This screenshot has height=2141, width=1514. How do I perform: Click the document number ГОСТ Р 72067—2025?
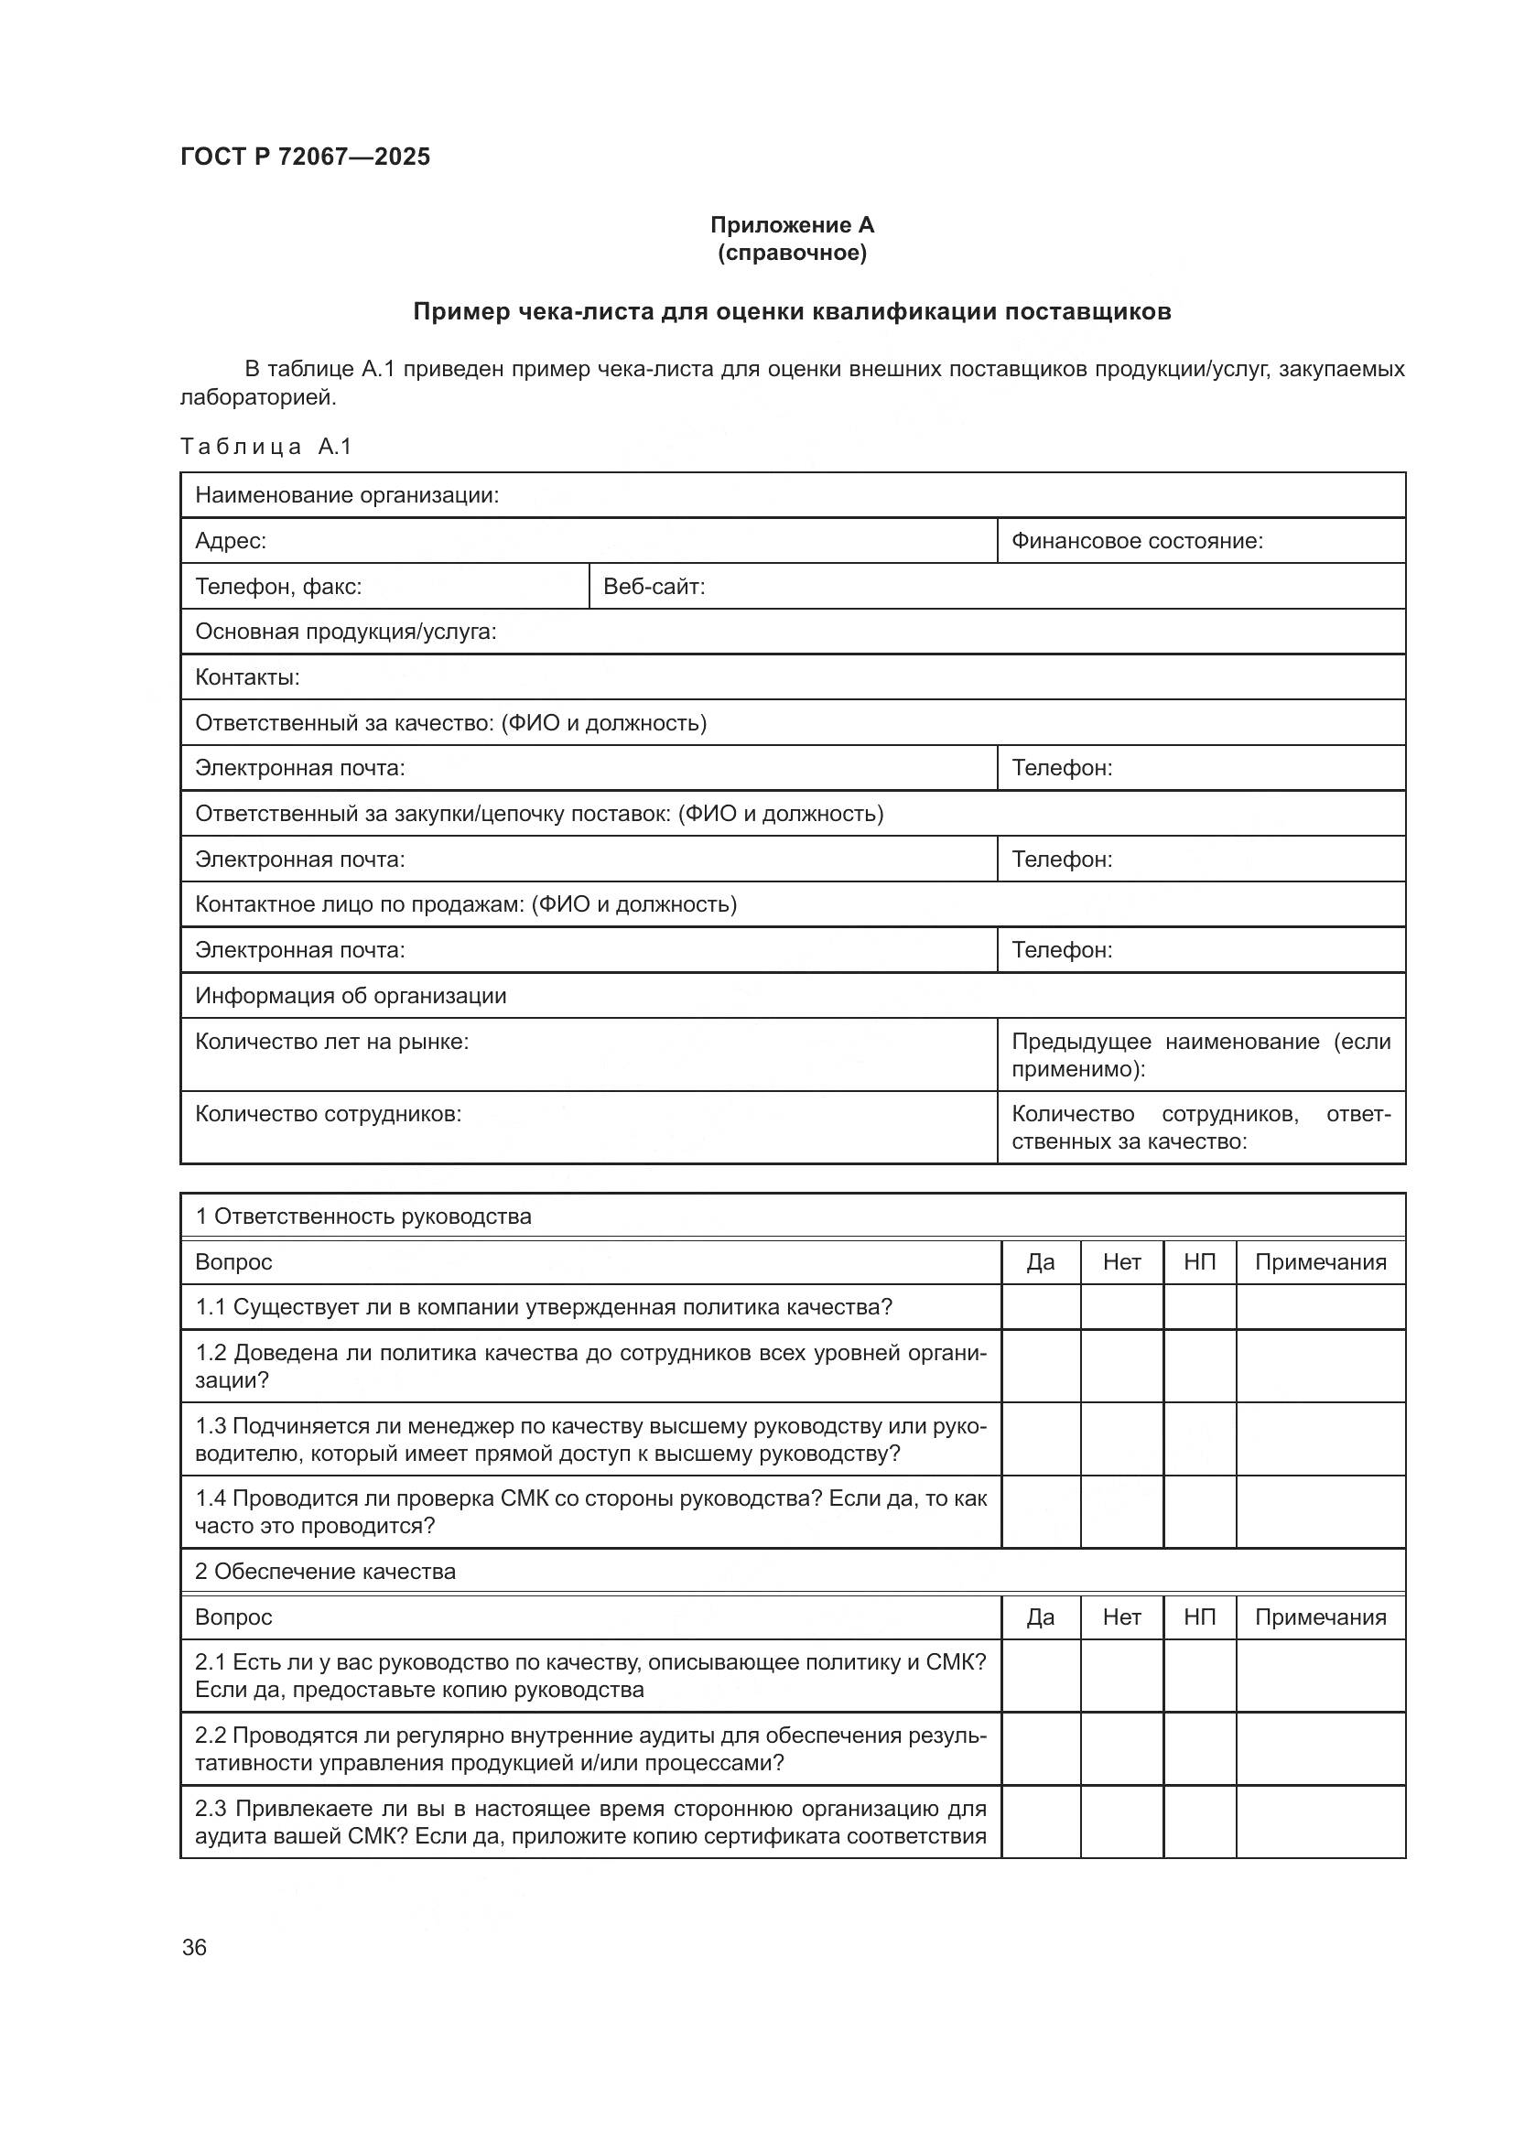(x=305, y=157)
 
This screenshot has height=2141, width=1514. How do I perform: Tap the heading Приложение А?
(x=792, y=225)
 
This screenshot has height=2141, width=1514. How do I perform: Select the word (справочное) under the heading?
(x=792, y=253)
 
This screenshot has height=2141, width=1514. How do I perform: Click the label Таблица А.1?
(x=265, y=447)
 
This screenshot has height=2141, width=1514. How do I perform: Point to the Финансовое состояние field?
(x=1137, y=541)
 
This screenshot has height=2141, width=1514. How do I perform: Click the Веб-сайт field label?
(x=654, y=587)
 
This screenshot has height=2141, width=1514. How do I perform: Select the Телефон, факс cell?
(x=278, y=587)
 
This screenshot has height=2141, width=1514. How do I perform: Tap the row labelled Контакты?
(x=247, y=678)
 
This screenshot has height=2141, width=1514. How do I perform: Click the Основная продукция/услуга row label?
(x=345, y=633)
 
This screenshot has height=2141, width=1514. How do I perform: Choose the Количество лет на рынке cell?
(x=331, y=1042)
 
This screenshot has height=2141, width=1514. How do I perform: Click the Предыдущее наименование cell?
(x=1200, y=1054)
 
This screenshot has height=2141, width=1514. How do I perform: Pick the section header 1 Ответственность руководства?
(x=362, y=1216)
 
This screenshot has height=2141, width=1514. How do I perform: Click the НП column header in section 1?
(x=1199, y=1262)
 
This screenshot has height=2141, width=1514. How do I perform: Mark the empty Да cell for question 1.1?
(x=1041, y=1307)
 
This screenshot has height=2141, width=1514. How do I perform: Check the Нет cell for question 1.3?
(x=1121, y=1440)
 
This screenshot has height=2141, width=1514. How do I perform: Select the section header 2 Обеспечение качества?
(x=324, y=1572)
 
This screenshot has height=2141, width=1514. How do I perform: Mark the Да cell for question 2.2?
(x=1041, y=1749)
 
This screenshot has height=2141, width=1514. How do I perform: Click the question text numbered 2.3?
(x=589, y=1822)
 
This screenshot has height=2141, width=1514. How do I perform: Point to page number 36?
(x=194, y=1948)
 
